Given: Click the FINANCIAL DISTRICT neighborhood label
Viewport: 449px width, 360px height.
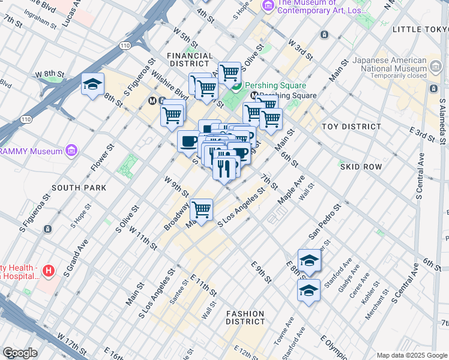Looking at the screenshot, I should coord(190,59).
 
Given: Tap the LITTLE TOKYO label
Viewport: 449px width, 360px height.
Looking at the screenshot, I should coord(420,29).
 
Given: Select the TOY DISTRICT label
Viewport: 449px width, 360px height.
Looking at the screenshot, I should coord(351,127).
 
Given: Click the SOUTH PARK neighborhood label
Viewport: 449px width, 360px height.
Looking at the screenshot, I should coord(74,188).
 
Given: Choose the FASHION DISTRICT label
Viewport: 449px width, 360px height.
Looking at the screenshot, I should coord(245,317).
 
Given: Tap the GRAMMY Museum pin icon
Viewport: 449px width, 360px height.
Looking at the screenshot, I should coord(71,149).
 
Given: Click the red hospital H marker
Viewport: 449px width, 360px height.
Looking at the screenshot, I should coord(49,271).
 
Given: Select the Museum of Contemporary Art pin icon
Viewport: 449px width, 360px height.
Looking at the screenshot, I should coord(268,5).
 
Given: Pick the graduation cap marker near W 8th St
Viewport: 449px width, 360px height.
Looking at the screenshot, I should coord(93,85).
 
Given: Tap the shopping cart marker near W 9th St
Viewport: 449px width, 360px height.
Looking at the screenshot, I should coord(202,211).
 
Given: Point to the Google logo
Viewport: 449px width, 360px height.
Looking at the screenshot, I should coord(20,353).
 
